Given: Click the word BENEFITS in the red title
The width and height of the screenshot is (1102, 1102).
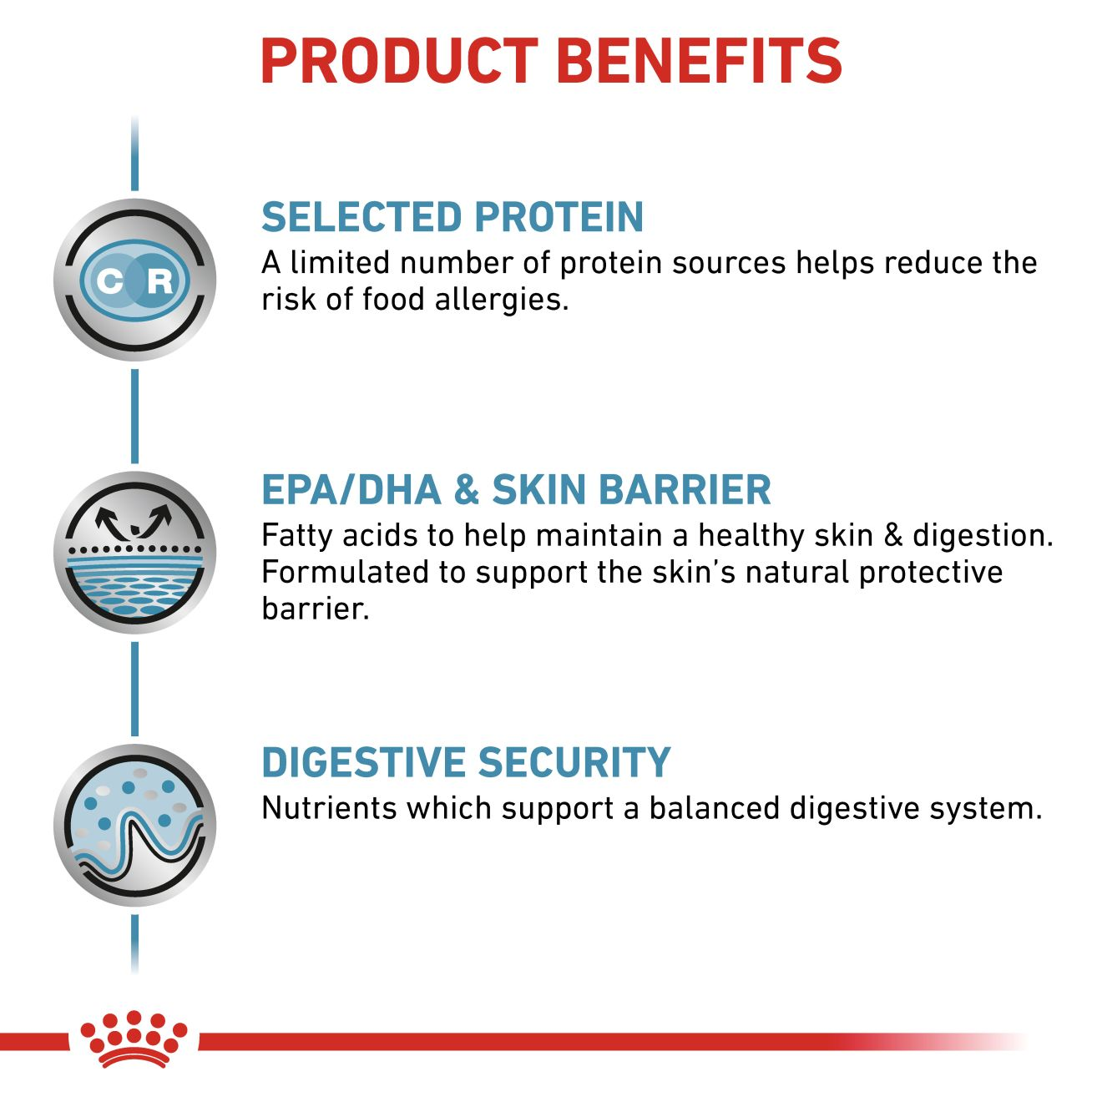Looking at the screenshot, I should coord(698,61).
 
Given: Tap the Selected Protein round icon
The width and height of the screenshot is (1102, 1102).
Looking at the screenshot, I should coord(135,281).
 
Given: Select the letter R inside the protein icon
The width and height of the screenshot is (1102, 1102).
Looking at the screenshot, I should coord(159,281).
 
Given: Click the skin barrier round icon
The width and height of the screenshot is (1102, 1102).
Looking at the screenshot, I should coord(135,553).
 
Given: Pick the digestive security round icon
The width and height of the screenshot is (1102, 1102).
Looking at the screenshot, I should coord(135,825).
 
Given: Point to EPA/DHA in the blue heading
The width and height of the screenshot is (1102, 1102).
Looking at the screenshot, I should coord(351,490).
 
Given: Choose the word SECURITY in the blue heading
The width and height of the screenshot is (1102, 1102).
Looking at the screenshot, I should coord(574,763).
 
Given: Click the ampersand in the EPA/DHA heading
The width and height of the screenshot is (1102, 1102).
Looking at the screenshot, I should coord(466,490).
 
